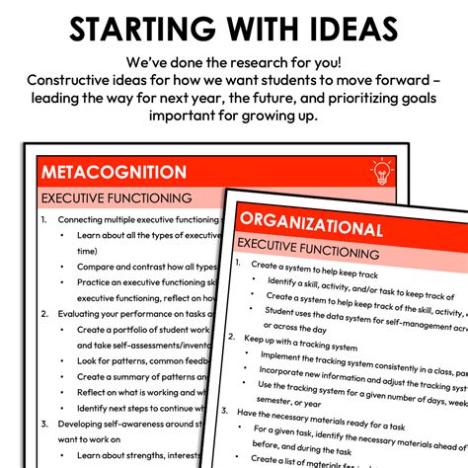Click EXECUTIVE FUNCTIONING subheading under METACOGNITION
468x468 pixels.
(x=116, y=198)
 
